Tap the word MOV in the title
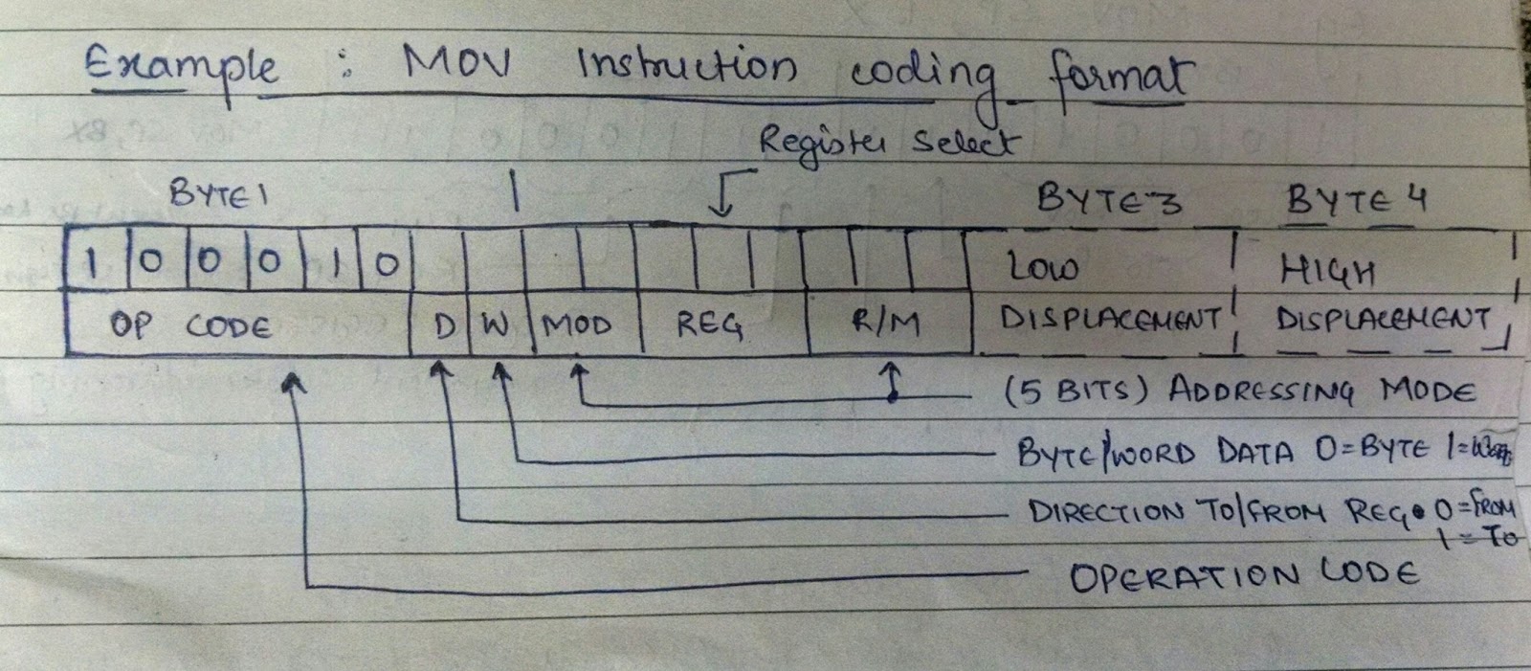pyautogui.click(x=456, y=64)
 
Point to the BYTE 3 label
pyautogui.click(x=1109, y=200)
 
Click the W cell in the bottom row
pyautogui.click(x=495, y=326)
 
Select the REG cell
pyautogui.click(x=709, y=325)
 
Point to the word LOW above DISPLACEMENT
pyautogui.click(x=1044, y=269)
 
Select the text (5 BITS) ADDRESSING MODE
pyautogui.click(x=1240, y=391)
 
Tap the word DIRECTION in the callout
pyautogui.click(x=1106, y=511)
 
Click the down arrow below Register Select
pyautogui.click(x=724, y=196)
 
